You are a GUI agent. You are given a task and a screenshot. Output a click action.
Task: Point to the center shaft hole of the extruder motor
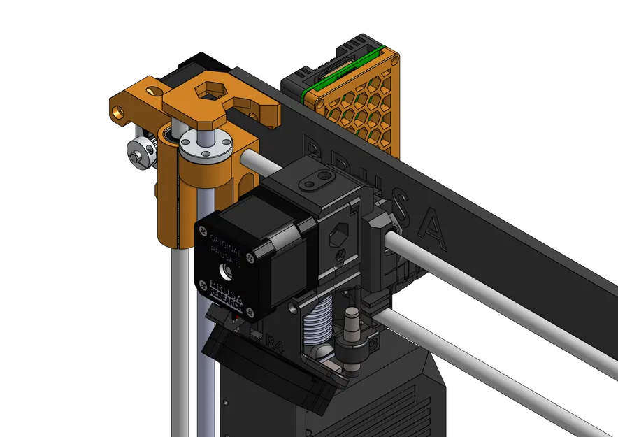(227, 271)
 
